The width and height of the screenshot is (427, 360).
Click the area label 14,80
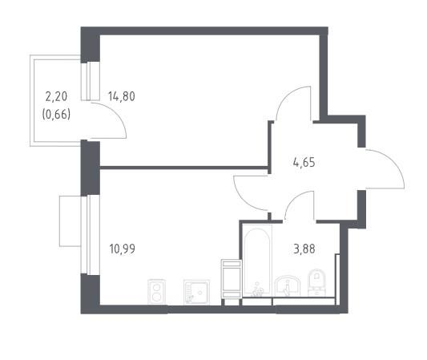122,96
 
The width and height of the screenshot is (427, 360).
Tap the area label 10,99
122,249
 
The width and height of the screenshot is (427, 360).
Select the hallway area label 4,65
304,163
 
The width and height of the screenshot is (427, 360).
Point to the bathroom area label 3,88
304,249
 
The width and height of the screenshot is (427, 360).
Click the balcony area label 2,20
56,96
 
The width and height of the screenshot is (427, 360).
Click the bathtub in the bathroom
257,261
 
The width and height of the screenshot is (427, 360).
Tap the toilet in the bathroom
316,282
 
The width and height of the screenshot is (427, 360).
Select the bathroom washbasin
288,285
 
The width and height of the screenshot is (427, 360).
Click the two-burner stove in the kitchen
156,292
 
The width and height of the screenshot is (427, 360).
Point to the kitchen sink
196,292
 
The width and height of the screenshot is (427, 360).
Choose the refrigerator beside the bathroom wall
232,278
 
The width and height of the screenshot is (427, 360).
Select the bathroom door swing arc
293,199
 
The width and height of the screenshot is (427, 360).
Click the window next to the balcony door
91,81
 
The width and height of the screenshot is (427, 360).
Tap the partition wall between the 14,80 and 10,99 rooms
183,168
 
